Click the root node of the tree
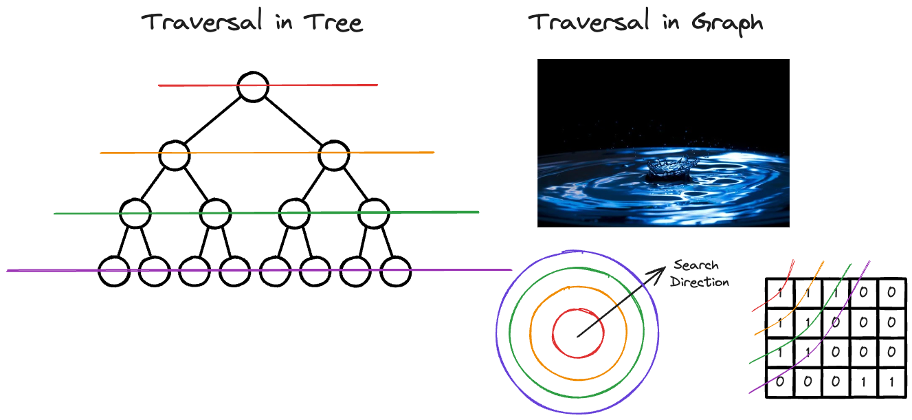pyautogui.click(x=252, y=87)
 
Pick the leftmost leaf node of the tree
pyautogui.click(x=113, y=271)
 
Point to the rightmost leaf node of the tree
pyautogui.click(x=395, y=271)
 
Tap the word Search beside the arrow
pyautogui.click(x=696, y=265)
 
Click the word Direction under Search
pyautogui.click(x=700, y=281)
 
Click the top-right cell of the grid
pyautogui.click(x=891, y=292)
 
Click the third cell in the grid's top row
pyautogui.click(x=835, y=292)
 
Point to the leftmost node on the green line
pyautogui.click(x=135, y=213)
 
